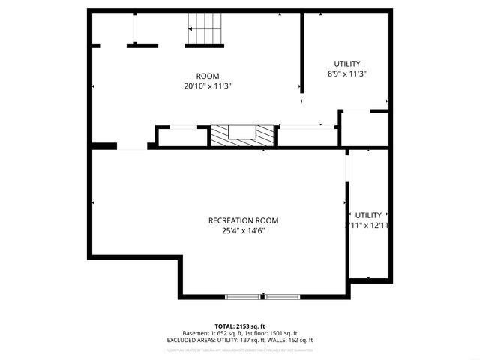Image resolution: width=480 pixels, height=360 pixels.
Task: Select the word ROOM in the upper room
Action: [x=208, y=76]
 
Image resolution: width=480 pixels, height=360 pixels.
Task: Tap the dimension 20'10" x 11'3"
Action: [x=208, y=86]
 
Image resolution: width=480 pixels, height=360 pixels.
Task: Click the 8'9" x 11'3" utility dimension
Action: [x=347, y=74]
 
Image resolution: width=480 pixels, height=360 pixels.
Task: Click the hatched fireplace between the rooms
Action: [x=242, y=135]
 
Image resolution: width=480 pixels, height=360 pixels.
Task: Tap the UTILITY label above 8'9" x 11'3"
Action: [x=347, y=64]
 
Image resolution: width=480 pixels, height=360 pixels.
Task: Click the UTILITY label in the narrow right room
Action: [x=368, y=214]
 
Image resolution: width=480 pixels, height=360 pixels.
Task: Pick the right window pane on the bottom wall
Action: [x=283, y=295]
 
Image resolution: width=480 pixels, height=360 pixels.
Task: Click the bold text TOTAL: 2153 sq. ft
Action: [x=239, y=325]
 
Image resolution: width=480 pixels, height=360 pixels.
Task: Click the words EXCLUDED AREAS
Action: [x=190, y=340]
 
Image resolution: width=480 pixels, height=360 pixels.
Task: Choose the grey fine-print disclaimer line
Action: [x=239, y=349]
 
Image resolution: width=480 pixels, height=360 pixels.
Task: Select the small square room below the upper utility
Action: [x=364, y=129]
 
